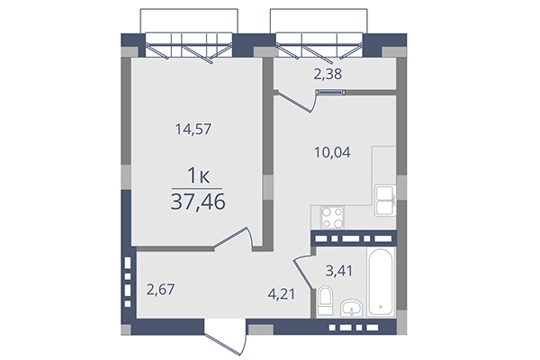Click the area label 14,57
[x=197, y=129]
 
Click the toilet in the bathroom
[x=325, y=301]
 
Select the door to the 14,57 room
[x=238, y=238]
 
